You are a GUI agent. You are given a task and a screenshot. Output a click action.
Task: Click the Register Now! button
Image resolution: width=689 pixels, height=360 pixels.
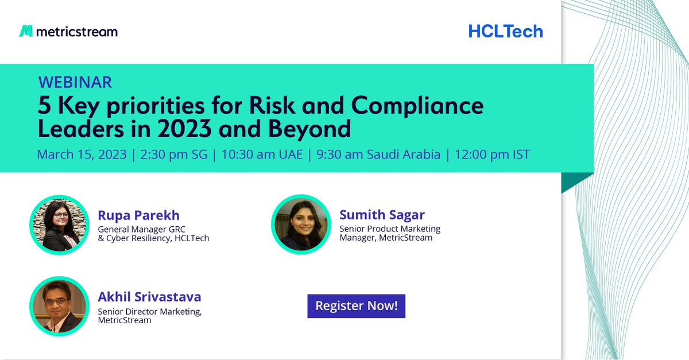tap(357, 305)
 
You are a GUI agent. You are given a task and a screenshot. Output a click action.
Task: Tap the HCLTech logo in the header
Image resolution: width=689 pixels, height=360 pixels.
tap(505, 31)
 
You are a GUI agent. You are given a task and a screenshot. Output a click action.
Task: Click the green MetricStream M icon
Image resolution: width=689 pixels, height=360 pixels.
tap(26, 31)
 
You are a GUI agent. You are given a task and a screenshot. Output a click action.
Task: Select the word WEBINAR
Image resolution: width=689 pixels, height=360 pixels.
tap(75, 82)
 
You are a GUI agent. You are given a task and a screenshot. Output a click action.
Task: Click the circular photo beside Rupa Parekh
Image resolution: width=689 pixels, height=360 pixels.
tap(59, 224)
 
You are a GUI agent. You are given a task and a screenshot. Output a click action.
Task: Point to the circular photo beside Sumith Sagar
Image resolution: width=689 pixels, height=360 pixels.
tap(300, 224)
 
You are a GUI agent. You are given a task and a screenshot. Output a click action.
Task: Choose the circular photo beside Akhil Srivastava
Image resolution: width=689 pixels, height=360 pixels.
tap(59, 306)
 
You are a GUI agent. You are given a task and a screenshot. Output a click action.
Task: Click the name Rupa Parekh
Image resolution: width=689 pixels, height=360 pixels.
tap(138, 215)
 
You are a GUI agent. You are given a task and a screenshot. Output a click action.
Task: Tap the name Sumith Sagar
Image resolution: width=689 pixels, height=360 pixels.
tap(382, 215)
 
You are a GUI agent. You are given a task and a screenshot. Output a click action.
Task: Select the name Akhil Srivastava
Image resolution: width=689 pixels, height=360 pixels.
tap(149, 297)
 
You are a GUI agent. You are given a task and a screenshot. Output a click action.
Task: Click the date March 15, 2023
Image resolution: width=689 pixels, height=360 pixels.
tap(81, 154)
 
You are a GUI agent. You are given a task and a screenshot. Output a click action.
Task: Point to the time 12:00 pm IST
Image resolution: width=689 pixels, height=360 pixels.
tap(492, 154)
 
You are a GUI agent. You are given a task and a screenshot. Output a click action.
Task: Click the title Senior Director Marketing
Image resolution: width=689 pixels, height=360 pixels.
tap(149, 311)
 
